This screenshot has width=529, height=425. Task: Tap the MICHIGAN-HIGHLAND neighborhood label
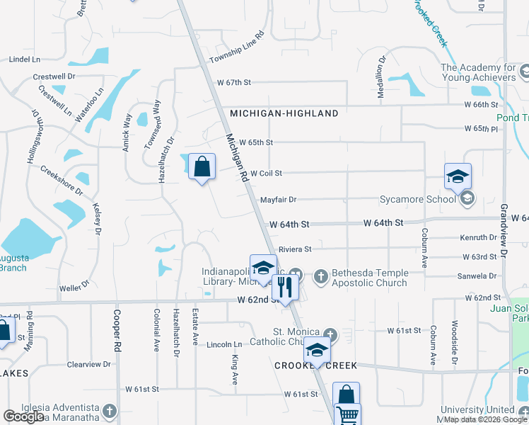(x=274, y=113)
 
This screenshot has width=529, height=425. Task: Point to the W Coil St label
(x=266, y=173)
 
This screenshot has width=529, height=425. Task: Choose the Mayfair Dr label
(x=278, y=200)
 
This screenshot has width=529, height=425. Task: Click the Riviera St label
(x=295, y=249)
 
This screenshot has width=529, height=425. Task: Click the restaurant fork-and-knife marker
(x=286, y=287)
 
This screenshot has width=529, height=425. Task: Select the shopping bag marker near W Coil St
(x=202, y=167)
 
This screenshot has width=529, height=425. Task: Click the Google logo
(x=24, y=417)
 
